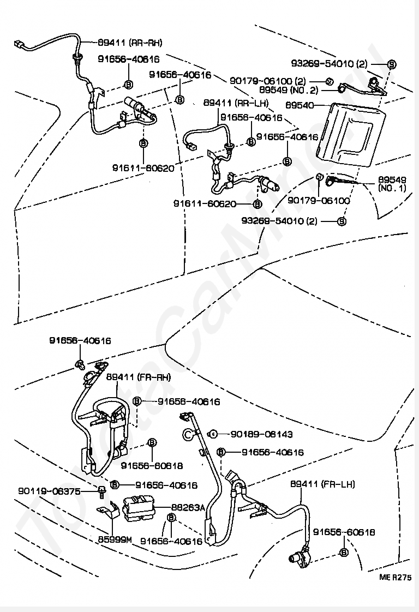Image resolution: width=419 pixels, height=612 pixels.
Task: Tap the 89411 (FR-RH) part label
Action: coord(138,377)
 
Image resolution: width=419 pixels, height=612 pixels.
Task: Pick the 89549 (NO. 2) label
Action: coord(296,90)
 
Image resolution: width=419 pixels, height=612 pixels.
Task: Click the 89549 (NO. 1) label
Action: coord(392,183)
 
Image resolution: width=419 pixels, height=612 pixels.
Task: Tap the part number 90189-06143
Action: coord(261,434)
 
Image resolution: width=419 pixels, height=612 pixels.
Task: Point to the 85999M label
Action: coord(115,540)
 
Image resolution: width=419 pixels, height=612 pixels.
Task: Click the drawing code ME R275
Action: coord(396,577)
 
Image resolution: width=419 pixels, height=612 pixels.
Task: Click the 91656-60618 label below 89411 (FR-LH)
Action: coord(344,532)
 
